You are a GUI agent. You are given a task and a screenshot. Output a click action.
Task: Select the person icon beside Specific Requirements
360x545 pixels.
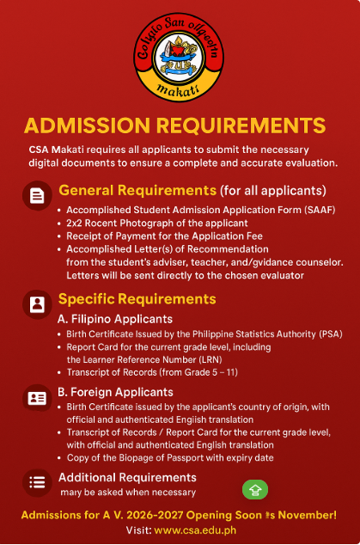[37, 304]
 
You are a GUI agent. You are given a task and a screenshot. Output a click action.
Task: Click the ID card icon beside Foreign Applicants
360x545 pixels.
[37, 398]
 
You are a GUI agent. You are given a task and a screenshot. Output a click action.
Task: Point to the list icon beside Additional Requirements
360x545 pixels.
[37, 482]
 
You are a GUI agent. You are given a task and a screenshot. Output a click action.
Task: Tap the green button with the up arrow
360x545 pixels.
[255, 489]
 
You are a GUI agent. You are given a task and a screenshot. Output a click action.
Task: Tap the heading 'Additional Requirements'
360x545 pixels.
[127, 477]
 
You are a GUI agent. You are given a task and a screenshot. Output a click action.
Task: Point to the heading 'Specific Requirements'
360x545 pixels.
[137, 299]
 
